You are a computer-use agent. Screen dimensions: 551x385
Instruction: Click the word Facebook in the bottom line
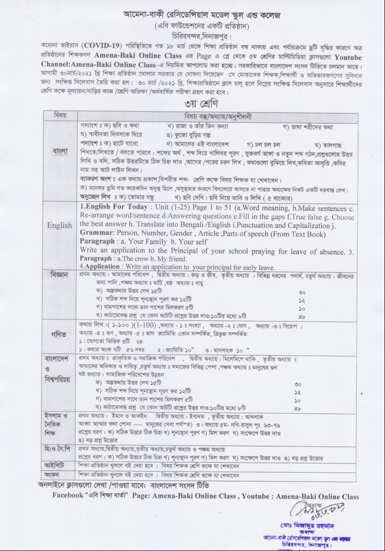click(x=69, y=495)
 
